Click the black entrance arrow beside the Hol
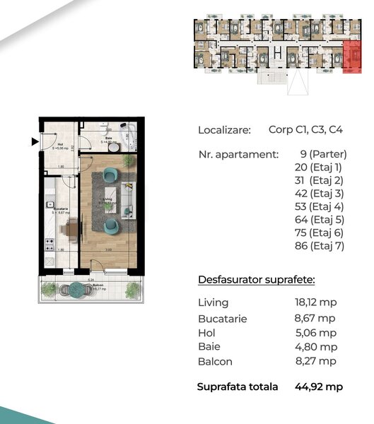[x=34, y=141]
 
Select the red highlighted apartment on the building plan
[x=351, y=56]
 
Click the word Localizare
[x=224, y=130]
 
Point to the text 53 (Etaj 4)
[x=318, y=207]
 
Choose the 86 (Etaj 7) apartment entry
[x=318, y=247]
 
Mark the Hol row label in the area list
[x=207, y=332]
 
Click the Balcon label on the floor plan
[x=98, y=285]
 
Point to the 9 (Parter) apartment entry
[x=323, y=153]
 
